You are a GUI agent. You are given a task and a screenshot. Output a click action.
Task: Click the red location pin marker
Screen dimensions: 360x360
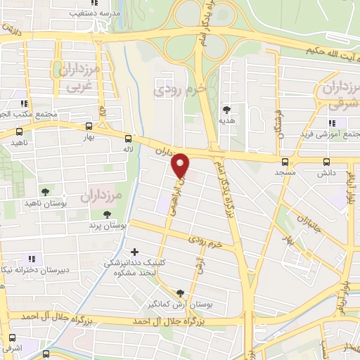[x=181, y=165]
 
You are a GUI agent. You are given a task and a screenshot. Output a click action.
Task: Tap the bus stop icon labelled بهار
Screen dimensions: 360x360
[x=87, y=127]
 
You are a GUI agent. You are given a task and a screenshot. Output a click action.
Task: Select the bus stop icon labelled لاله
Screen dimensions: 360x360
[x=127, y=139]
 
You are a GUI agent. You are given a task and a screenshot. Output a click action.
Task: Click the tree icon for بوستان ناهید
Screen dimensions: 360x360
[x=45, y=191]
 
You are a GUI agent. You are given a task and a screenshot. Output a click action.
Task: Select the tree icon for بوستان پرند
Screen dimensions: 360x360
[x=107, y=214]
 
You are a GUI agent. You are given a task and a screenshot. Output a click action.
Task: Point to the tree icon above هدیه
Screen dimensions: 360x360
[x=226, y=110]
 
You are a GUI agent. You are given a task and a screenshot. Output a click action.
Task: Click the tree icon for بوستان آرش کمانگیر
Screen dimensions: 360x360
[x=181, y=293]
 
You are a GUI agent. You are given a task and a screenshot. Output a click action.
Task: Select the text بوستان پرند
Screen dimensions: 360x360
[x=110, y=226]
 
